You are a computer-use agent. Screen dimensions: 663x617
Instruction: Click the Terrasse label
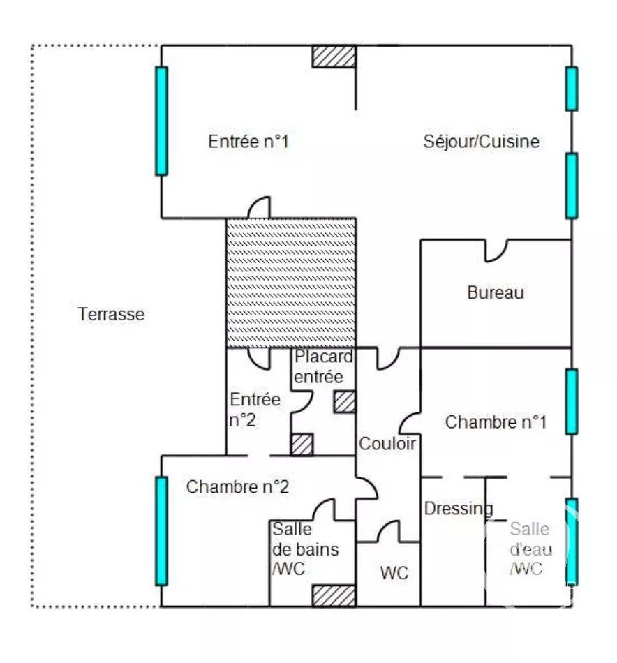click(111, 314)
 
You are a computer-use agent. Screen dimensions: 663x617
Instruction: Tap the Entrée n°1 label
click(248, 142)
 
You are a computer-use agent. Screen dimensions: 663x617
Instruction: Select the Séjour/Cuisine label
click(482, 142)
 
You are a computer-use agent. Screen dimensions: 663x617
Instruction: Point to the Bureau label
click(496, 292)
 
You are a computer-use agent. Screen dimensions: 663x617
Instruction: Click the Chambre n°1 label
click(496, 422)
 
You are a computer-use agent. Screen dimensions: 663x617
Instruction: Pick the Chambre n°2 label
click(237, 486)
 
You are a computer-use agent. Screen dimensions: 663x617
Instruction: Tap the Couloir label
click(387, 443)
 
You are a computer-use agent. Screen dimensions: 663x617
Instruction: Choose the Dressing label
click(459, 509)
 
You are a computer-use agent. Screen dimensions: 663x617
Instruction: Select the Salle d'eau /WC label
click(529, 549)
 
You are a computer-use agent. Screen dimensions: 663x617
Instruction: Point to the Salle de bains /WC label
click(305, 549)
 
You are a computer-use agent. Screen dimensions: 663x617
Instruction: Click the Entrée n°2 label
click(255, 410)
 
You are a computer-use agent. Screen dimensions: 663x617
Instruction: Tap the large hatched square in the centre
click(291, 283)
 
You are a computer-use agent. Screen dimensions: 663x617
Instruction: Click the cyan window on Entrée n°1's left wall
click(162, 121)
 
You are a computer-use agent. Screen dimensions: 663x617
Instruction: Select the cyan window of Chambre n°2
click(162, 530)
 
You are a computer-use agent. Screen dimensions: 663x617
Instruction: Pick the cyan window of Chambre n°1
click(572, 401)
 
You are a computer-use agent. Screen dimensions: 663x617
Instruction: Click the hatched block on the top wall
click(334, 57)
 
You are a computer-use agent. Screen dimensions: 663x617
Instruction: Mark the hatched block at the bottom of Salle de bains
click(334, 596)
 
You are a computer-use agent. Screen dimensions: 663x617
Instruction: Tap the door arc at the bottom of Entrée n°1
click(260, 207)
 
